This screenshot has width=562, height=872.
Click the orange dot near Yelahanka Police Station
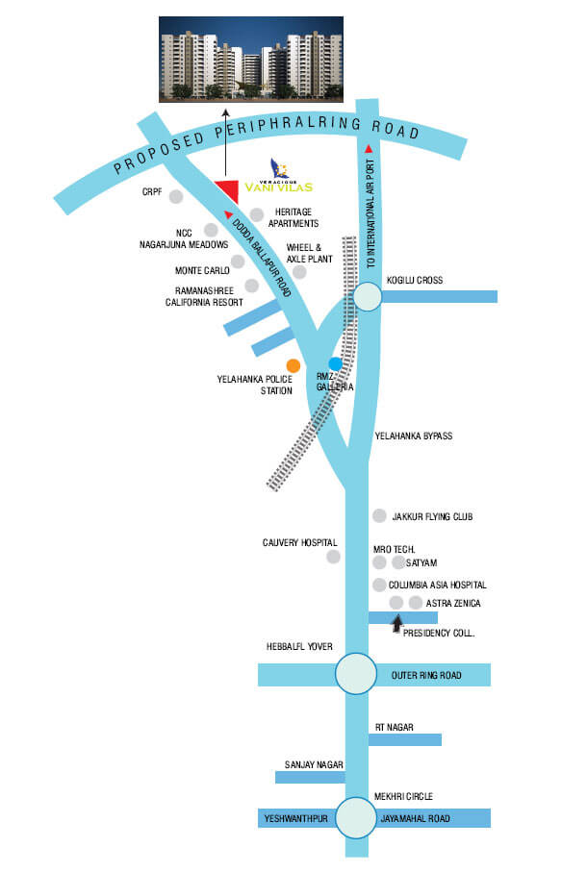tap(294, 365)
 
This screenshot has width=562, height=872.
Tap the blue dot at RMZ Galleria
tap(335, 363)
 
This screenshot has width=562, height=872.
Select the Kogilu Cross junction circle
tap(367, 296)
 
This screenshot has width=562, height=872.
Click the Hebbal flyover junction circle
tap(355, 673)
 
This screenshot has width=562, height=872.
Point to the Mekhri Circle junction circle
tap(355, 817)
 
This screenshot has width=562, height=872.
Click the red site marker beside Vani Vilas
tap(228, 191)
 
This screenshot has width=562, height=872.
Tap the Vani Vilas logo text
tap(279, 187)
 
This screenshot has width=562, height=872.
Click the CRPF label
tap(152, 192)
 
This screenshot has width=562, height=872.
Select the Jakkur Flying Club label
tap(432, 516)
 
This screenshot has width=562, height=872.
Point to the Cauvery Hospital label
tap(300, 542)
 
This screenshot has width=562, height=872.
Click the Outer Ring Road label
tap(426, 675)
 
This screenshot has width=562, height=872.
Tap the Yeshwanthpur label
tap(295, 818)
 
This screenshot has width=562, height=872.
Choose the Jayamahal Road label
tap(415, 818)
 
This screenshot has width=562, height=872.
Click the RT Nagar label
tap(394, 727)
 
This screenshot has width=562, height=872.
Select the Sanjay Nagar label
tap(314, 764)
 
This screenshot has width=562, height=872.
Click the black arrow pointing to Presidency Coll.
tap(396, 623)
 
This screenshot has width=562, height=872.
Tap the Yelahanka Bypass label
tap(414, 436)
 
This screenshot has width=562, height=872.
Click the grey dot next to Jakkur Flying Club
tap(379, 515)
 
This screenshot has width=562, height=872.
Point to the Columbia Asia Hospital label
tap(437, 585)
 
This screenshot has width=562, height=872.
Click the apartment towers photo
tap(251, 59)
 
